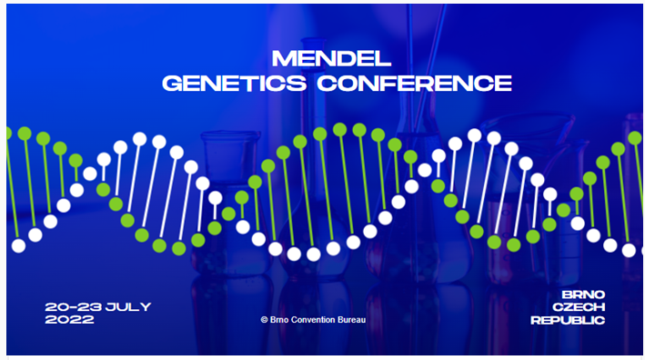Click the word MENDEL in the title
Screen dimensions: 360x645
click(x=332, y=60)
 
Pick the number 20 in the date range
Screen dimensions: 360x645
click(x=55, y=307)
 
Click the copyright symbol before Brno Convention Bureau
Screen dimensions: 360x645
click(x=264, y=320)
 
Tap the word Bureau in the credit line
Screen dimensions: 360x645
click(x=352, y=320)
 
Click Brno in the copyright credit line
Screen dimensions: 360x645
click(x=280, y=320)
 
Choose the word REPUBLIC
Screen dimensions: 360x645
click(x=569, y=320)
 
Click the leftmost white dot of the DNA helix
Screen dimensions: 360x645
click(x=18, y=245)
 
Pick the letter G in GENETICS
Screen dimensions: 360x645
click(x=172, y=84)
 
